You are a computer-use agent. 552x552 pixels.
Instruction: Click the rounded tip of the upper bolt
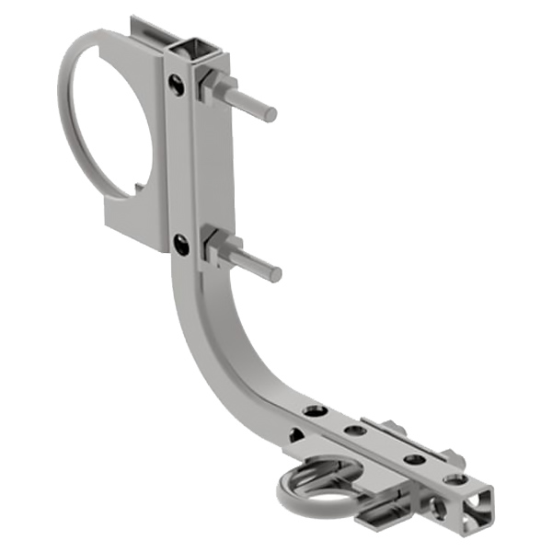[270, 115]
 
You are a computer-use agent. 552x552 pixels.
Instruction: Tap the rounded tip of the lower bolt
[275, 274]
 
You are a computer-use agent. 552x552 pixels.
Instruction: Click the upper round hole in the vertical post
[176, 86]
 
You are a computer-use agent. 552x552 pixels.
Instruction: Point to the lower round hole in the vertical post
[180, 244]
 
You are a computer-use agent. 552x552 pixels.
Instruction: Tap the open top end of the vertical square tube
[196, 47]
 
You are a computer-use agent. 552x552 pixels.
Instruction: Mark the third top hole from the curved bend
[413, 457]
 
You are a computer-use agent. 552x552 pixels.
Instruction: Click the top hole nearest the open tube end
[455, 478]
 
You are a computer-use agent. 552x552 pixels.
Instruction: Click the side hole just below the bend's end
[297, 435]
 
